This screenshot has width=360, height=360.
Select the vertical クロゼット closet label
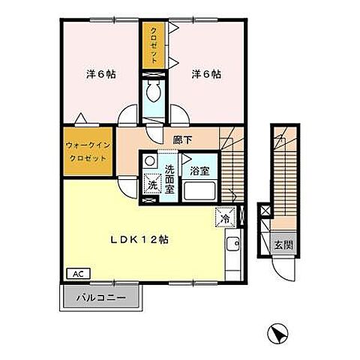[x=152, y=47]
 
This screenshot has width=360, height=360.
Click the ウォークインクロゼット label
[x=87, y=153]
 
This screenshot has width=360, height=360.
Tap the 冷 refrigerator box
[x=224, y=217]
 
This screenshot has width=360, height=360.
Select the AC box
[x=76, y=274]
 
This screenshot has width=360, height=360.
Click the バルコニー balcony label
[x=100, y=298]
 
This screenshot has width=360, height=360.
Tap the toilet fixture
[x=154, y=94]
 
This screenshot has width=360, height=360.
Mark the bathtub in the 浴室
[x=199, y=191]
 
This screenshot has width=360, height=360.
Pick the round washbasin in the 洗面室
[x=150, y=160]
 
